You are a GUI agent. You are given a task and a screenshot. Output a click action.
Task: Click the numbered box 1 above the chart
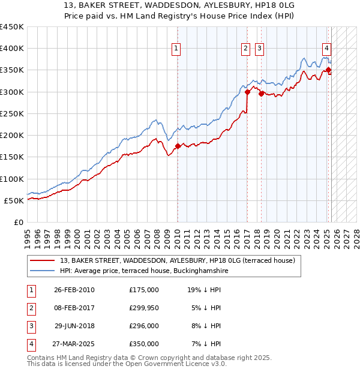177,49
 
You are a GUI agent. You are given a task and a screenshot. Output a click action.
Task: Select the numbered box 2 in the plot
246,49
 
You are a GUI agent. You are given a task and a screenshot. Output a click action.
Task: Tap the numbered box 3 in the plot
259,49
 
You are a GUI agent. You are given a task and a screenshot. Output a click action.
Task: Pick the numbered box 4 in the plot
326,49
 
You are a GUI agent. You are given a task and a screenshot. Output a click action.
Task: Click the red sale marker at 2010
178,146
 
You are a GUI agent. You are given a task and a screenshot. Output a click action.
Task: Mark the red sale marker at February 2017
247,92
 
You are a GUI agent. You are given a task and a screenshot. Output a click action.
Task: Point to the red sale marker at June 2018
261,93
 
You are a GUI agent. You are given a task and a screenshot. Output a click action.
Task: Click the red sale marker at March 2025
329,70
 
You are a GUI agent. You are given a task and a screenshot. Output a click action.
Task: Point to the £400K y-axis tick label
12,49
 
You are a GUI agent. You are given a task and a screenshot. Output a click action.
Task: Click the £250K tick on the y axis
12,113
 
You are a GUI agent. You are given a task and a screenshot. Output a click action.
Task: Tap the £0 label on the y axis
19,222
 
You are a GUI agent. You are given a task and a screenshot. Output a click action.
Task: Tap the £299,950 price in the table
143,308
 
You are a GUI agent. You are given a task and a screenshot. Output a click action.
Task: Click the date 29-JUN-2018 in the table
74,326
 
